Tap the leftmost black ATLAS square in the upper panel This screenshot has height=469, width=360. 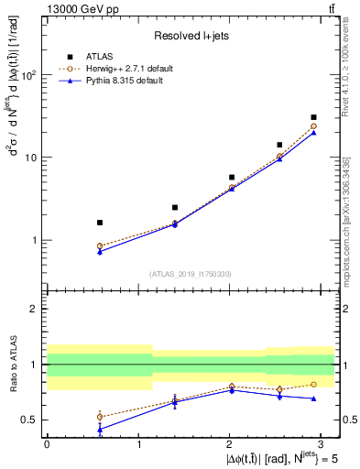(100, 223)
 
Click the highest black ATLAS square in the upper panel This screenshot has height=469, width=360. (314, 117)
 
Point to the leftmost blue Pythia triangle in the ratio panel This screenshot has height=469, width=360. (100, 429)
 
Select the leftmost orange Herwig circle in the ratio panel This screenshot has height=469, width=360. (100, 417)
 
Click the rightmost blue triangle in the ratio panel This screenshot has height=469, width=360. (314, 398)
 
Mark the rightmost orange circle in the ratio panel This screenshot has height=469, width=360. (314, 384)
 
